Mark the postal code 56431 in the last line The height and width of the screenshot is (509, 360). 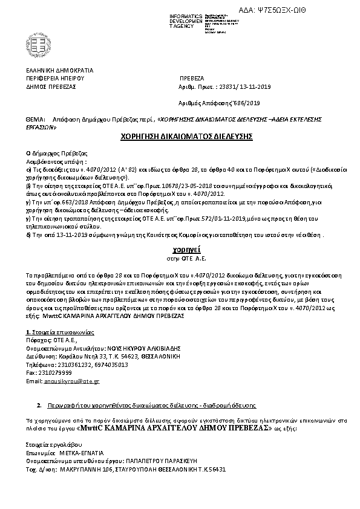[215, 469]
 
